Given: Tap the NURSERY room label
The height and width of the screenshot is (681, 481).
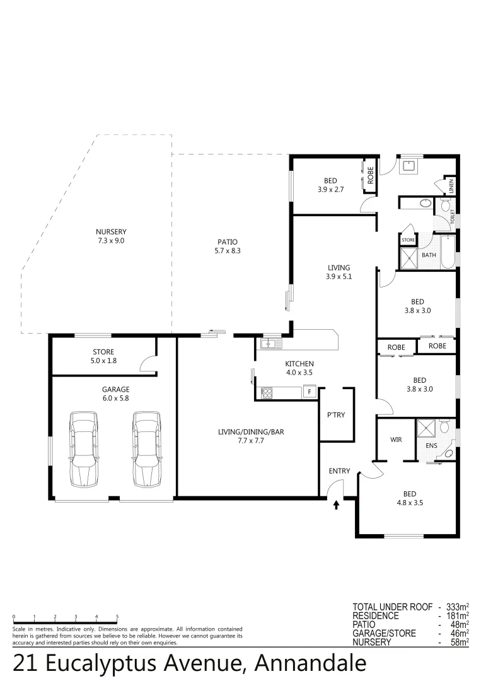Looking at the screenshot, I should coord(112,236).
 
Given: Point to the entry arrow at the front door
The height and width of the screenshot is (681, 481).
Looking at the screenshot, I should coord(336,504).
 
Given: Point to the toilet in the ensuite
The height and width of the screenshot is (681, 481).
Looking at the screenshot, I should coord(444,428).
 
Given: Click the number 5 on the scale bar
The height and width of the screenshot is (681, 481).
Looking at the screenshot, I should coord(117,616).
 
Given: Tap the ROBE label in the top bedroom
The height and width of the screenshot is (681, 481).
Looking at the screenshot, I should coord(371,174).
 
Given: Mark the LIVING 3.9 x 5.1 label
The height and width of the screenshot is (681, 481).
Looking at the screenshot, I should coord(338,272).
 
